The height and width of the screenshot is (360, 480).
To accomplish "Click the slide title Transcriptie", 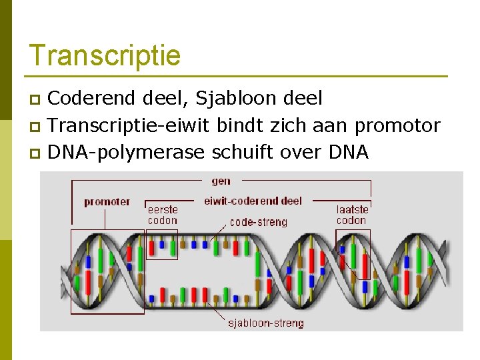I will point(105,55).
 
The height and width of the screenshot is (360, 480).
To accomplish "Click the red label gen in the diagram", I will point(221,181).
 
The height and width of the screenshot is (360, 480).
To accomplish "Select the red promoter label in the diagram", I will point(107,201).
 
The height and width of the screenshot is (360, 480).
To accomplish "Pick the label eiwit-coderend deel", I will point(253,200).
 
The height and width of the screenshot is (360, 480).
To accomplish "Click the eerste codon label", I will point(163,215).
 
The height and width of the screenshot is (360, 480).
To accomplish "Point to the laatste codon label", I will point(352,215).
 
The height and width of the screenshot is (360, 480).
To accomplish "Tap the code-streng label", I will point(258,222).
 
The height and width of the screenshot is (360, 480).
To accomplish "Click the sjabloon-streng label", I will point(265,323).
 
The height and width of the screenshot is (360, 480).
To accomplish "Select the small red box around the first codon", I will point(162,245).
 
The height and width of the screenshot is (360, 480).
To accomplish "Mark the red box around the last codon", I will point(352,253).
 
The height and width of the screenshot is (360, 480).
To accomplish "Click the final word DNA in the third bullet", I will point(349,152).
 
